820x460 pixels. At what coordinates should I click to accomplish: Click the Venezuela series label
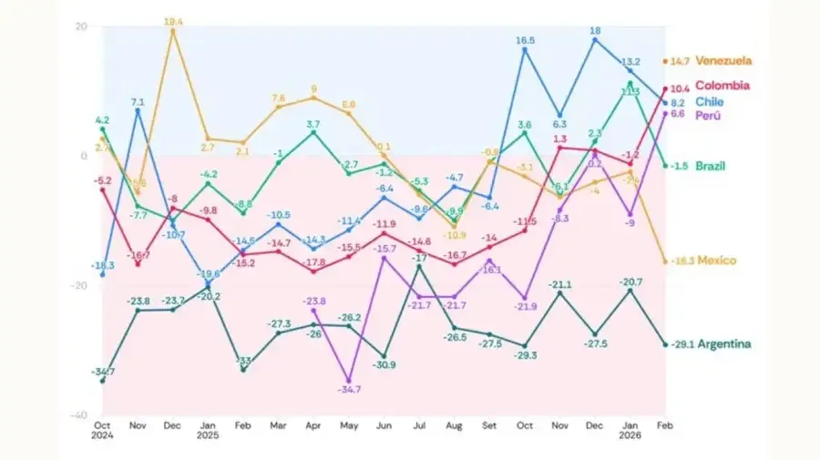[x=723, y=61]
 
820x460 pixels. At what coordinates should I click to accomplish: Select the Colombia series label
[x=722, y=86]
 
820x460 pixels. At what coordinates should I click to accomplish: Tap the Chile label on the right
[x=710, y=102]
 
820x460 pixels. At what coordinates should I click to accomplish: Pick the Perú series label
[x=709, y=116]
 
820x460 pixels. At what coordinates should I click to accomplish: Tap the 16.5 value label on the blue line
[x=526, y=40]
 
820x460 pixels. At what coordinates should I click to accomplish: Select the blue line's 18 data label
[x=594, y=30]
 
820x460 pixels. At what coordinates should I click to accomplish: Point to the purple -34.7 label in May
[x=347, y=389]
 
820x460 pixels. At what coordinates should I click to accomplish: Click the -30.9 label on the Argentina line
[x=384, y=365]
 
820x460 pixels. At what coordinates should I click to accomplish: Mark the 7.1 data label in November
[x=138, y=101]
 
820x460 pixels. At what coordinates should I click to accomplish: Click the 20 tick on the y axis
[x=80, y=26]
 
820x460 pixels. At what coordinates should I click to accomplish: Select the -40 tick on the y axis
[x=78, y=414]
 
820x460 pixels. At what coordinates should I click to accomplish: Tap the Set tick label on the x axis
[x=489, y=424]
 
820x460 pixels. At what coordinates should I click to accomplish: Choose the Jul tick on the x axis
[x=419, y=424]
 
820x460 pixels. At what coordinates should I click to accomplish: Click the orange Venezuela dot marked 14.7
[x=664, y=62]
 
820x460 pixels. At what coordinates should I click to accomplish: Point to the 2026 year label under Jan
[x=629, y=435]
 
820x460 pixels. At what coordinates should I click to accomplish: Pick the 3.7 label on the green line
[x=313, y=123]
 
